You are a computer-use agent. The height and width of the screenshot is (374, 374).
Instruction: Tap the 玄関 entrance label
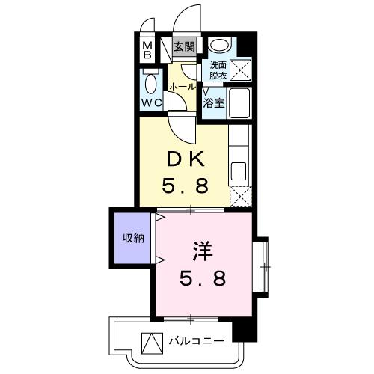[x=184, y=47]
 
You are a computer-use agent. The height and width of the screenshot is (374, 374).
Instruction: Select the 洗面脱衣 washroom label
[x=218, y=70]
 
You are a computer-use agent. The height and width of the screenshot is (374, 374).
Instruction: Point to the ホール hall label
[x=183, y=87]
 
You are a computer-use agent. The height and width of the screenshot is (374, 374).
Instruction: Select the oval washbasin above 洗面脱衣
[x=218, y=44]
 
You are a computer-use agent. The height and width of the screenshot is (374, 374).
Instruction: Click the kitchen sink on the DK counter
[x=239, y=170]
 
